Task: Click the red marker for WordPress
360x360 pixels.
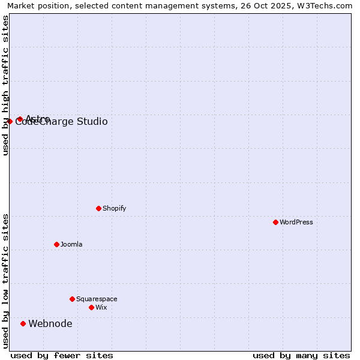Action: click(275, 222)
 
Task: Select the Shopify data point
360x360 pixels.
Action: click(98, 208)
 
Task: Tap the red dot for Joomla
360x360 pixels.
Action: click(56, 244)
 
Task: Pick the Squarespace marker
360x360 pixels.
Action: click(72, 299)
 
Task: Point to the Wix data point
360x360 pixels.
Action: click(91, 307)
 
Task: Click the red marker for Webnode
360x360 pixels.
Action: click(23, 323)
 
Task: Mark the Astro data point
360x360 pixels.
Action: click(20, 119)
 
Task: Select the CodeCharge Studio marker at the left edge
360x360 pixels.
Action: click(10, 121)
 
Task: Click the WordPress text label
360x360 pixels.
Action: click(296, 222)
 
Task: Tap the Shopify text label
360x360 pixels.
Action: click(114, 208)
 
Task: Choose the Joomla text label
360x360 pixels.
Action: click(71, 244)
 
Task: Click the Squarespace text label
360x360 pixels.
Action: click(97, 299)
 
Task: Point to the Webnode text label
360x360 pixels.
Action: click(50, 324)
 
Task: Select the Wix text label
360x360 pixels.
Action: click(101, 307)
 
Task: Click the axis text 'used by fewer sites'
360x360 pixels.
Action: click(62, 355)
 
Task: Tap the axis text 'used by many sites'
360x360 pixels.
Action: click(301, 355)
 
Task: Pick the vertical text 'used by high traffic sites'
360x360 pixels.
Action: click(5, 85)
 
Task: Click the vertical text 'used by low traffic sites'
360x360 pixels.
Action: click(5, 281)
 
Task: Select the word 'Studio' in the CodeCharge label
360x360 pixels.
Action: click(92, 122)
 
